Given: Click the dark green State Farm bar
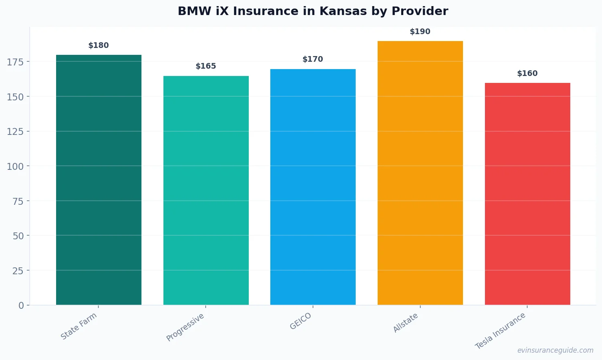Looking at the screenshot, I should tap(99, 180).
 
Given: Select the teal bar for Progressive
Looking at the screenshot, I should tap(206, 190).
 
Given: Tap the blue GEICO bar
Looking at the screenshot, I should tap(313, 187).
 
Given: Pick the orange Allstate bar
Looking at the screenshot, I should tap(420, 173).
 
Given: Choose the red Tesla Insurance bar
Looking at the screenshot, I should tap(527, 194).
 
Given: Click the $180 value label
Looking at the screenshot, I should tap(99, 46).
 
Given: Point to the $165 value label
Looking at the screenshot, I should tap(206, 66).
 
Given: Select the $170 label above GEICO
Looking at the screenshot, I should tap(313, 59).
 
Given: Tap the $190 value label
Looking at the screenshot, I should tap(420, 32).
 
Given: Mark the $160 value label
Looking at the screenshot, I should tap(527, 74).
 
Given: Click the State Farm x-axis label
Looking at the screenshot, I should tap(79, 326).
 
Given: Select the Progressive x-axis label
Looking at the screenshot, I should tap(185, 327).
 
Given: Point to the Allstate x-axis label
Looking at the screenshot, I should tap(405, 323).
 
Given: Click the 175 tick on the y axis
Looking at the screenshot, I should tap(15, 62).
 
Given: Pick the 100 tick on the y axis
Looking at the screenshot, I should tap(15, 166).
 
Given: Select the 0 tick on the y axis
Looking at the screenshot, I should tap(21, 306).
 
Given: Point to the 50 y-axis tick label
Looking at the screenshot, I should tap(18, 236).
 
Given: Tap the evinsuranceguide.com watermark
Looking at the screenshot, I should tap(555, 350).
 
